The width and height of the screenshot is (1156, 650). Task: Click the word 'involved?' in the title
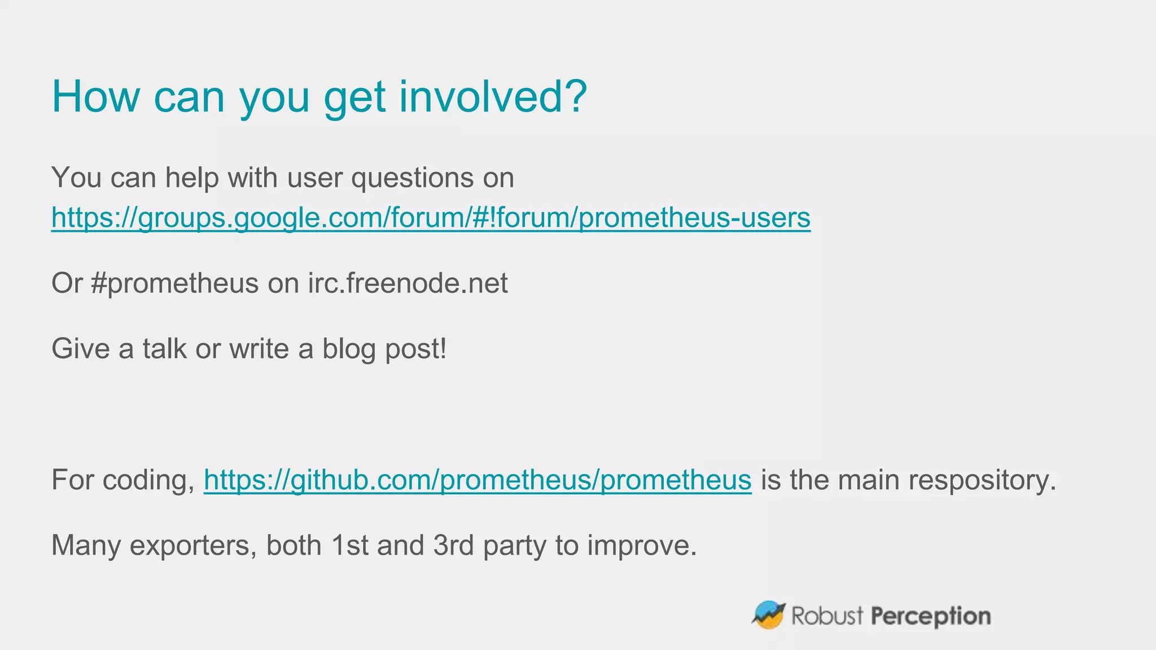coord(493,96)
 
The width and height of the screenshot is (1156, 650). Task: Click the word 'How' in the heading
coord(95,96)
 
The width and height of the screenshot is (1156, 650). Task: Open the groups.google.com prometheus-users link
coord(431,217)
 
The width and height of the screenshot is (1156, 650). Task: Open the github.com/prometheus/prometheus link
coord(478,480)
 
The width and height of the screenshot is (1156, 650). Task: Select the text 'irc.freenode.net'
coord(408,283)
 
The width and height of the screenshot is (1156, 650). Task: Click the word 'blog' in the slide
coord(349,349)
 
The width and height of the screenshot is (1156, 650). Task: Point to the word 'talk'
coord(164,349)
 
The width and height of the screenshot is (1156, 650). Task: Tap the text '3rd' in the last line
coord(453,545)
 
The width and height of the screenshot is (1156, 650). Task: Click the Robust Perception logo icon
coord(769,614)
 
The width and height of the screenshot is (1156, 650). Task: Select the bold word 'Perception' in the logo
coord(931,616)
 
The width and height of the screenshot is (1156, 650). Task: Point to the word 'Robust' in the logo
coord(827,616)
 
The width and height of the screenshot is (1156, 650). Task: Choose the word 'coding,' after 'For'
coord(148,481)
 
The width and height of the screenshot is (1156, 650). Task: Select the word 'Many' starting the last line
coord(86,546)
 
